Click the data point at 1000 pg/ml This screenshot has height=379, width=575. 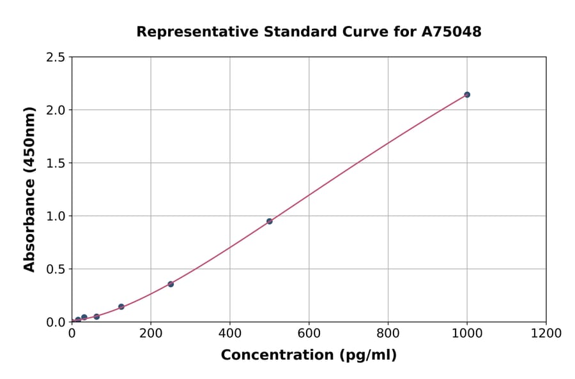coord(467,94)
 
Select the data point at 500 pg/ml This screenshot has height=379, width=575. coord(270,221)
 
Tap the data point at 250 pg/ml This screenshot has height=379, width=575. coord(171,284)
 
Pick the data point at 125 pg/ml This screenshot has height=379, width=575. coord(121,307)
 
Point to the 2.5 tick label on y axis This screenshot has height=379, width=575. coord(55,57)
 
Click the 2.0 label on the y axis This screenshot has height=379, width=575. coord(55,110)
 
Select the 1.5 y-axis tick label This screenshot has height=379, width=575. coord(55,163)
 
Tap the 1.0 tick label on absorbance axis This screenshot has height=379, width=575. coord(55,216)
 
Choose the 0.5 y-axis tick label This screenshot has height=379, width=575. coord(55,269)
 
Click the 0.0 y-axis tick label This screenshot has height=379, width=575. coord(55,322)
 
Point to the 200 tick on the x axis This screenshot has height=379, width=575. coord(151,333)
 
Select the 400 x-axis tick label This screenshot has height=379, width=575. coord(230,333)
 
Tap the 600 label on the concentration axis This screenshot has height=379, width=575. coord(309,333)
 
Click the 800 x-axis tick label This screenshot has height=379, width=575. coord(388,333)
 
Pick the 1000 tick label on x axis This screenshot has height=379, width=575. coord(467,333)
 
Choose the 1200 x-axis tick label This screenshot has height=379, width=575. coord(546,333)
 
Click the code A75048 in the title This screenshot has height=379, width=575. coord(451,32)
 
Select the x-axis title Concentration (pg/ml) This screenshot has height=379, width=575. coord(309,355)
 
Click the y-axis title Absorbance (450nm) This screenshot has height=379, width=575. coord(29,189)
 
